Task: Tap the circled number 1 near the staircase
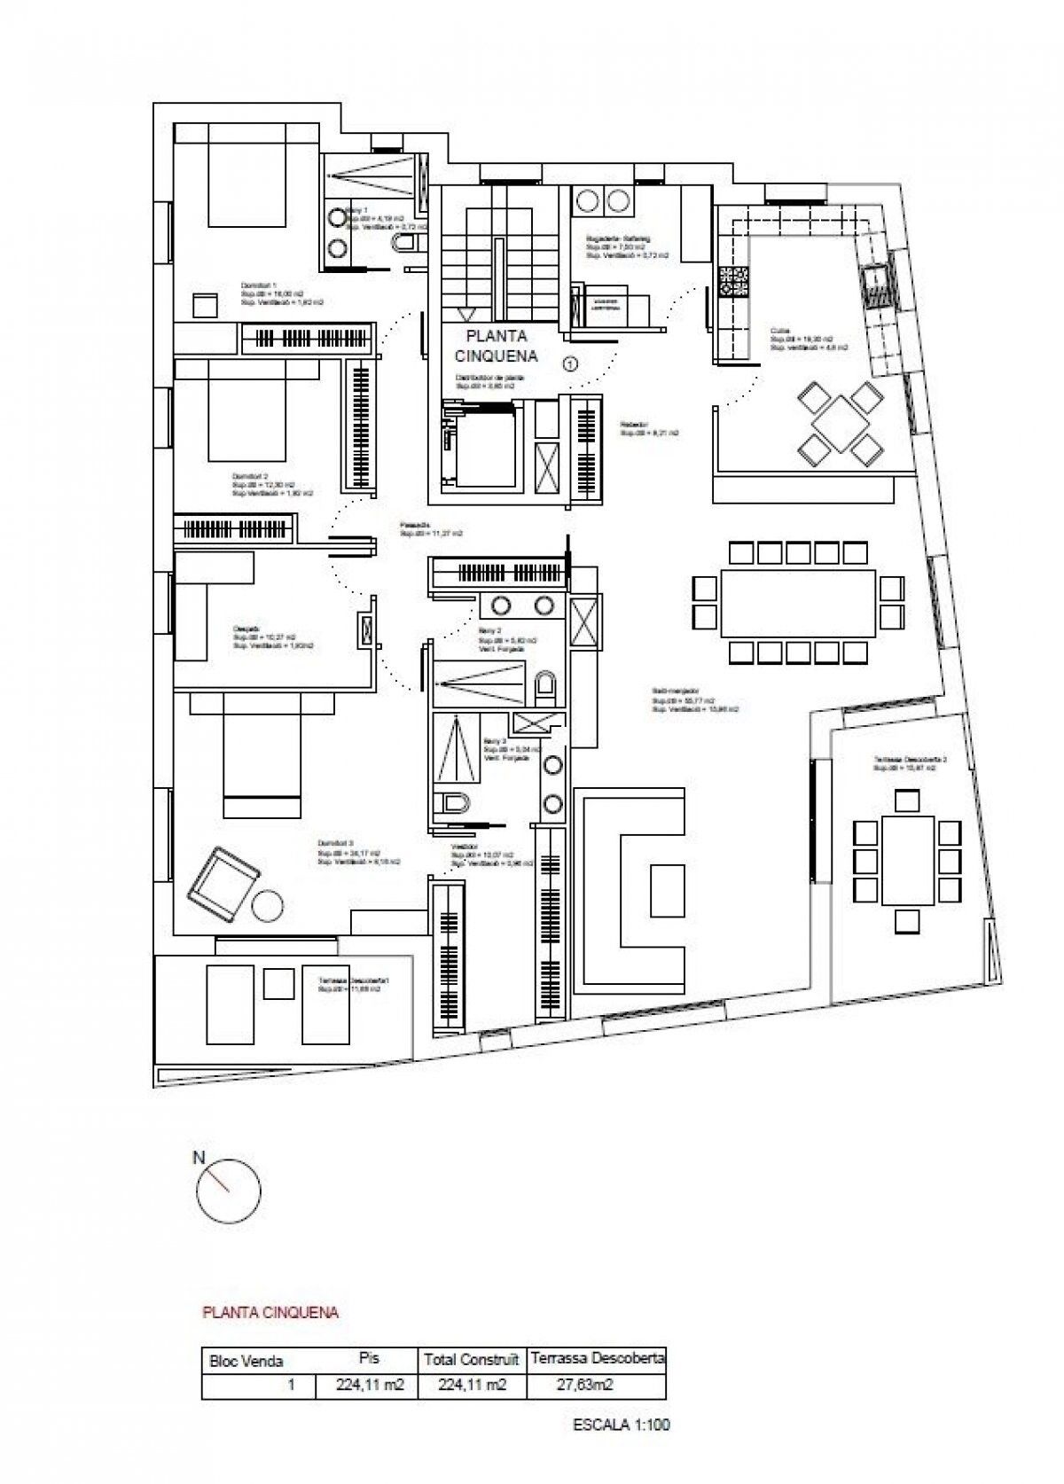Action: coord(571,362)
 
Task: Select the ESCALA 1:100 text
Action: coord(621,1425)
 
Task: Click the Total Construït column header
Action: coord(471,1359)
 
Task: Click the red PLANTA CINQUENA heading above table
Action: coord(270,1312)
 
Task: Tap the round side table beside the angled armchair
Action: coord(267,906)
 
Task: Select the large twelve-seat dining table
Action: coord(797,602)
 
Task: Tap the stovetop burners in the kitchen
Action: coord(734,283)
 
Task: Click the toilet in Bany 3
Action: coord(455,804)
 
